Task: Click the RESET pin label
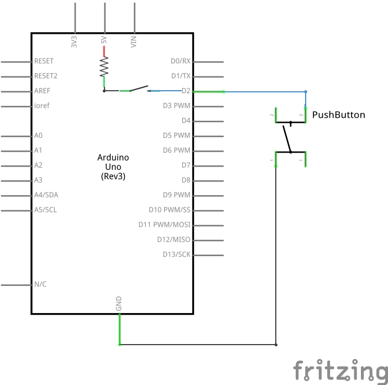point(44,61)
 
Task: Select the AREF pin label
point(43,91)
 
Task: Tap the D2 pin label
point(186,91)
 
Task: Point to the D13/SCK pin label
point(176,254)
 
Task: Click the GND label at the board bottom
point(119,303)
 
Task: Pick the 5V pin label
point(104,41)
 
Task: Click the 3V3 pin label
point(74,41)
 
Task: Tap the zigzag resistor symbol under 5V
point(104,67)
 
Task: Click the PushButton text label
point(339,115)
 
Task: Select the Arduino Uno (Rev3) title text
point(113,167)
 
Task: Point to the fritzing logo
point(339,370)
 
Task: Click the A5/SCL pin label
point(45,210)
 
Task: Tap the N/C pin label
point(40,284)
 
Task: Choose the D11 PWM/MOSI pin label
point(164,225)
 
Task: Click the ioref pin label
point(42,106)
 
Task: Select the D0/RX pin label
point(181,61)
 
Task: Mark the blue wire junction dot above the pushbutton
point(306,91)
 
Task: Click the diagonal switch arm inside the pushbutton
point(287,137)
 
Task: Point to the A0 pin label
point(38,135)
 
